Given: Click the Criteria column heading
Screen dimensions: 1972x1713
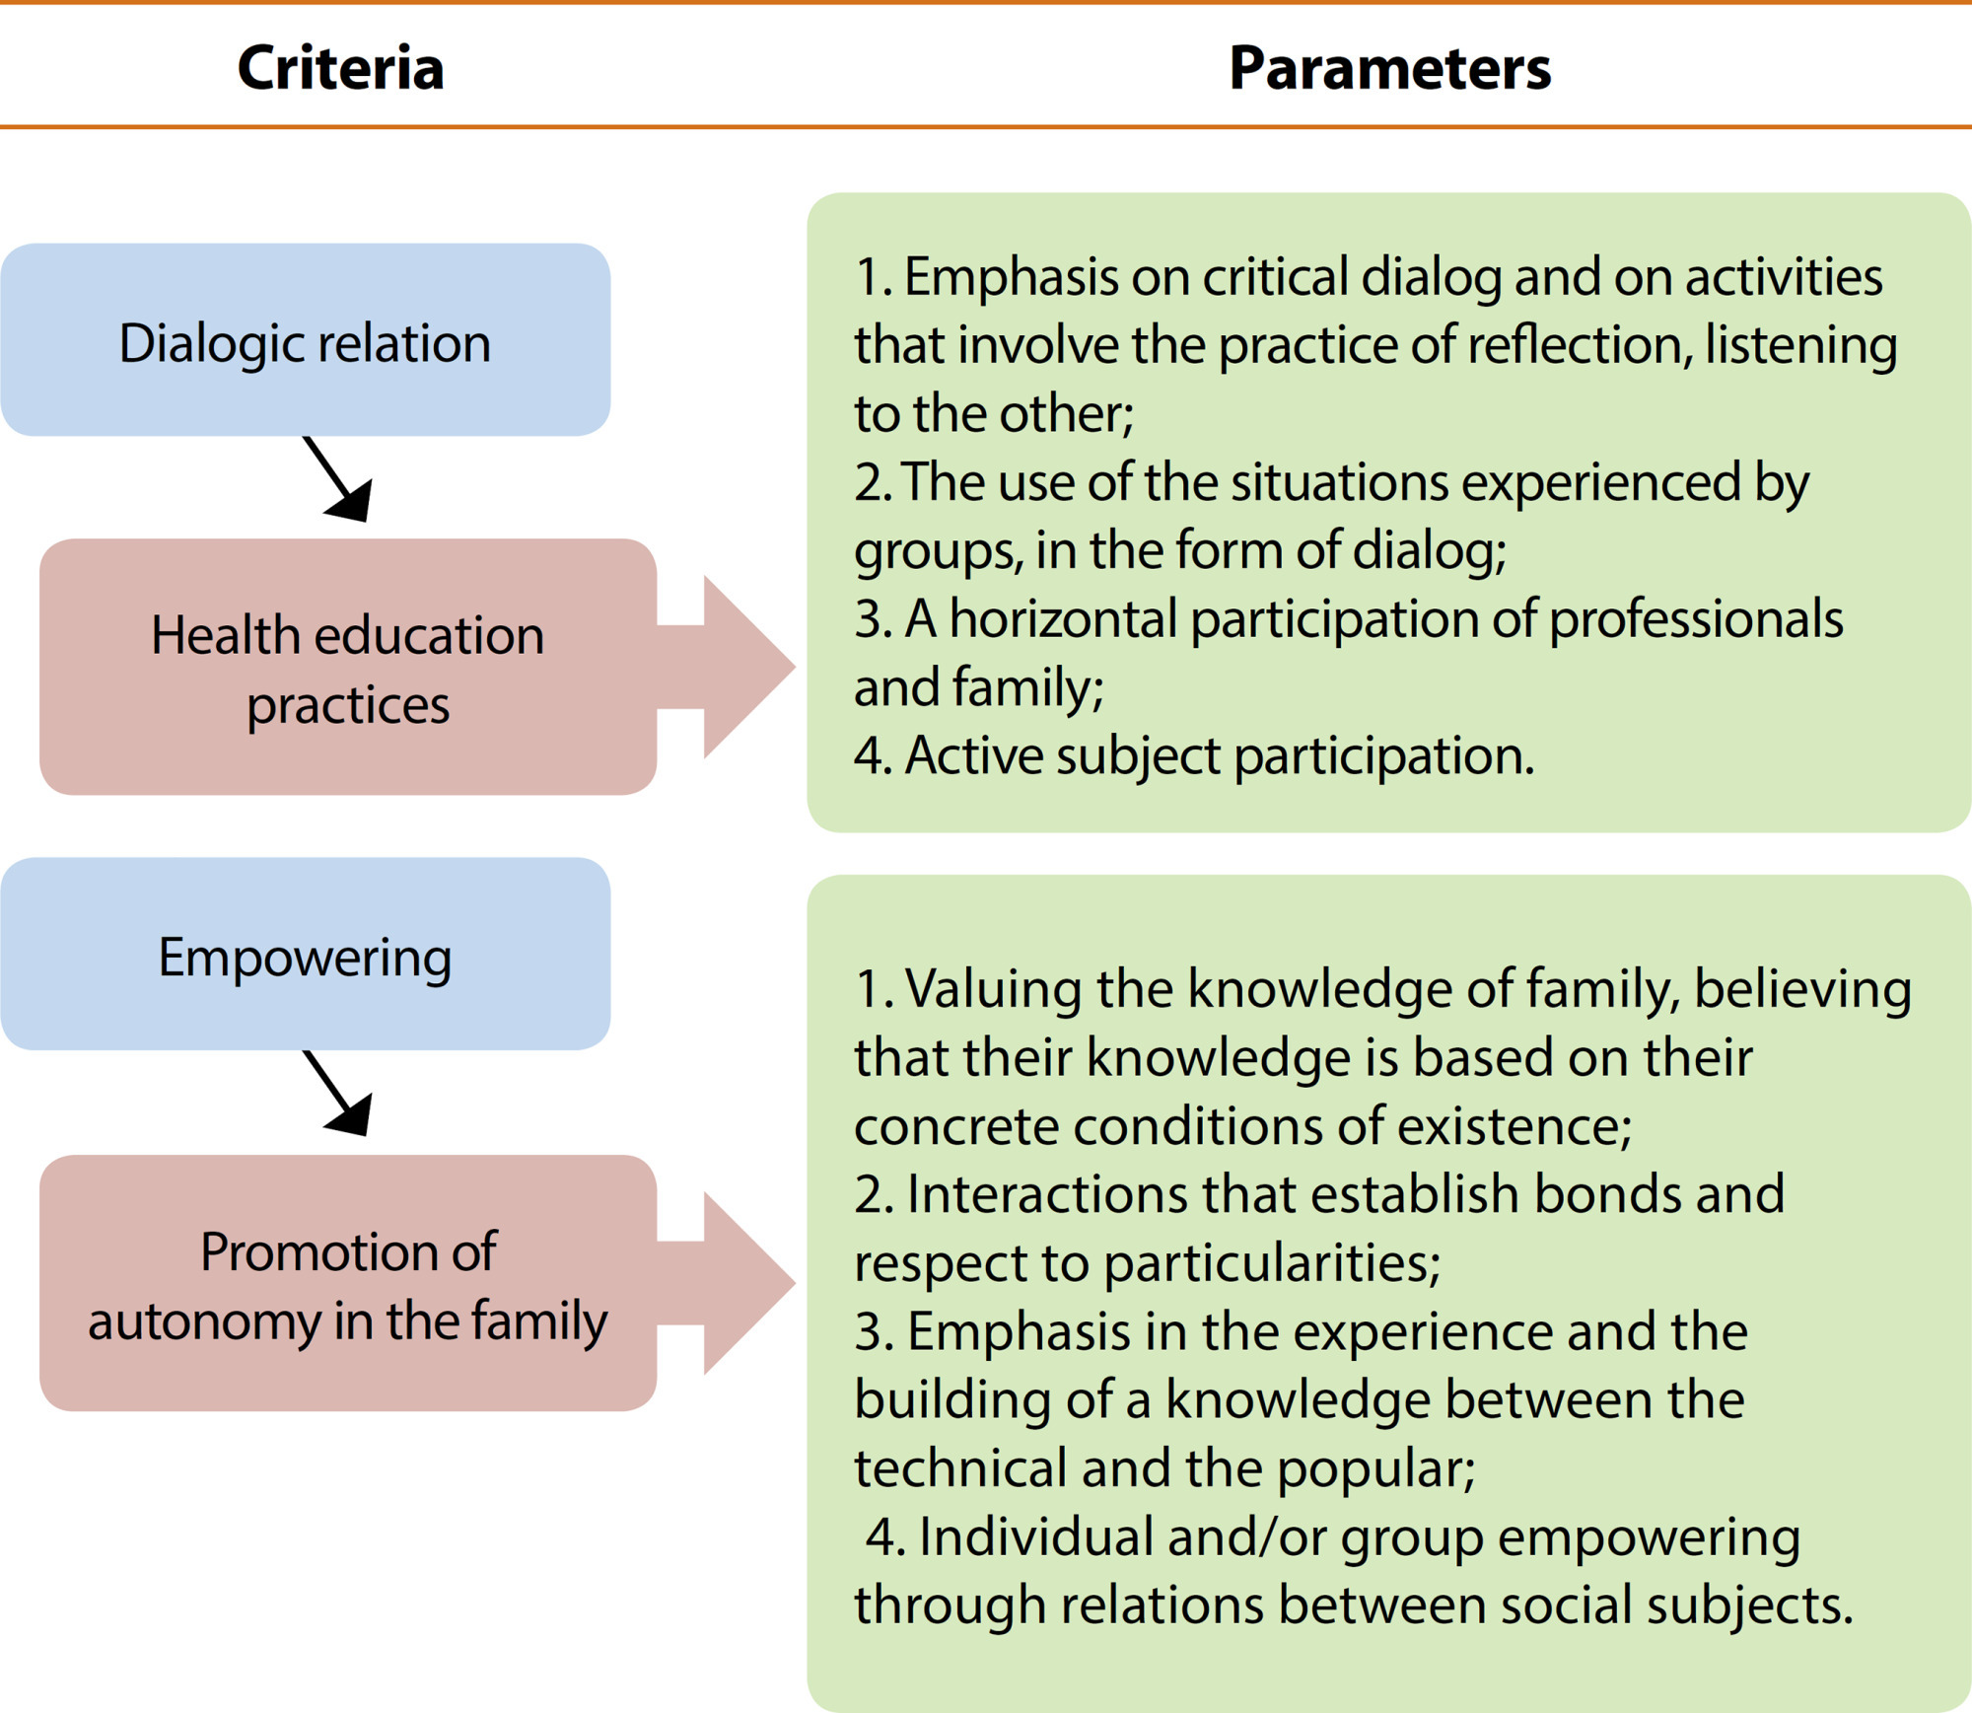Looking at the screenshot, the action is point(340,68).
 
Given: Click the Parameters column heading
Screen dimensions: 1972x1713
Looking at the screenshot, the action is point(1390,68).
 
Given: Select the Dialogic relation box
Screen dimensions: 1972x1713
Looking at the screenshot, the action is point(306,340).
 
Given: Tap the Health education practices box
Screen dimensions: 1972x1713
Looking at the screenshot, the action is point(348,667).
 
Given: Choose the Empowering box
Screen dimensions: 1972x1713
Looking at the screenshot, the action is point(306,954).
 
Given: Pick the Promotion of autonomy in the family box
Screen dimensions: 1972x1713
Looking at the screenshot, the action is point(348,1283).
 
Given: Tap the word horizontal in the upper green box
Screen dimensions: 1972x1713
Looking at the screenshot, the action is point(1064,619).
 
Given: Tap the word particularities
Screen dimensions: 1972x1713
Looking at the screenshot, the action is point(1272,1264).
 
